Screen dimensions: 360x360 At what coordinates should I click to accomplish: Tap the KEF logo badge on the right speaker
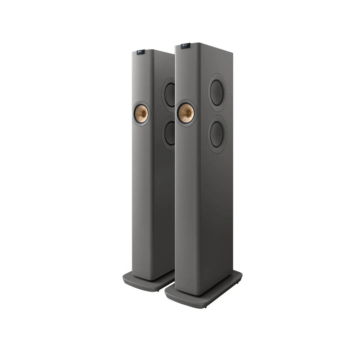(186, 45)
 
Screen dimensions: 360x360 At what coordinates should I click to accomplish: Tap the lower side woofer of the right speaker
(218, 134)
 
